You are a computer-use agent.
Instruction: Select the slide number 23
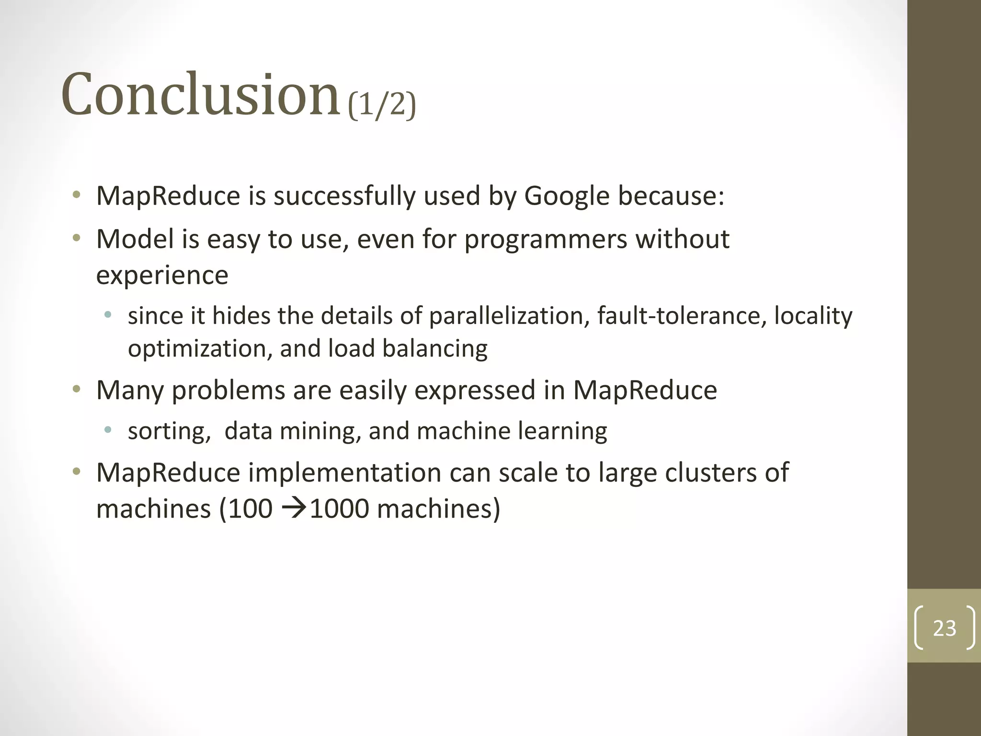click(944, 628)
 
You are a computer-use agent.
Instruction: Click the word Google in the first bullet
click(567, 196)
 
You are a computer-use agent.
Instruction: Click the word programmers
click(546, 240)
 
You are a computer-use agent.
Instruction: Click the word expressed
click(475, 391)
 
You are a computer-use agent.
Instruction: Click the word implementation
click(344, 473)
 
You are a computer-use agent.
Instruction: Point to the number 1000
click(340, 509)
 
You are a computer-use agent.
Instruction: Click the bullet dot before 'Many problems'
click(77, 389)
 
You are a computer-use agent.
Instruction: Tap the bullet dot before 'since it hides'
click(108, 315)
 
